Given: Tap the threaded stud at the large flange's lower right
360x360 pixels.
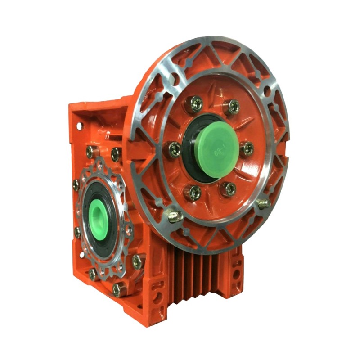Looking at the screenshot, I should [264, 203].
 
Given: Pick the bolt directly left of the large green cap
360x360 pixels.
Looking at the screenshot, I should [175, 149].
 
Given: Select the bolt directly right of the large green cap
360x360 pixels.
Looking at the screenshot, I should [247, 148].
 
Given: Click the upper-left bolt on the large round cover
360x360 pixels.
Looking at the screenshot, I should [194, 105].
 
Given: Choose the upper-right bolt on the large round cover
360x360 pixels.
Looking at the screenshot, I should [233, 106].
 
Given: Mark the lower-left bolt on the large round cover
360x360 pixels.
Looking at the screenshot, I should [194, 193].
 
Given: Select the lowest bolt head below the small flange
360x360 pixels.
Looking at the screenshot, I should [118, 288].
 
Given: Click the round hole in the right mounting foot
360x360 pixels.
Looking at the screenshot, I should [235, 273].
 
